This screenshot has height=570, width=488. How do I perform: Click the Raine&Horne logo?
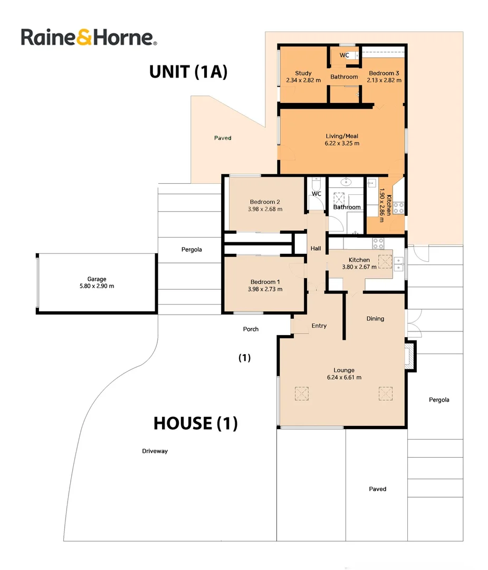coord(89,37)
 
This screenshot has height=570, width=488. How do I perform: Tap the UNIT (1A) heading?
coord(188,71)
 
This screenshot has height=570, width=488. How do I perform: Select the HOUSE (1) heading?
coord(195,423)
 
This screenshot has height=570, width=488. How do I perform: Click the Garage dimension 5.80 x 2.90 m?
coord(97,286)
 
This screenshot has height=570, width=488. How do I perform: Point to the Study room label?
coord(303,73)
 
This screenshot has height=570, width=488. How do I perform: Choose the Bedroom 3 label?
coord(384,73)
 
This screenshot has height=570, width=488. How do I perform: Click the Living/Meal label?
coord(342,136)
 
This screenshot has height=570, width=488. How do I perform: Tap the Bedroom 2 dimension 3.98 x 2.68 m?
coord(265,209)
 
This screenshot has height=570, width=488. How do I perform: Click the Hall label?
coord(315,249)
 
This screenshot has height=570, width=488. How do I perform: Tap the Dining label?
coord(375,319)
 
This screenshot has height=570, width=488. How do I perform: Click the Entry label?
coord(319,326)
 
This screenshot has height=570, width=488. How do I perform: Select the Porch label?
coord(251,329)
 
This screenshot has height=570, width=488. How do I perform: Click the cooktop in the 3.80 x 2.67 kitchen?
coord(378,243)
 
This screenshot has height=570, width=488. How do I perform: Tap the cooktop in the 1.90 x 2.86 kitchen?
coord(399,208)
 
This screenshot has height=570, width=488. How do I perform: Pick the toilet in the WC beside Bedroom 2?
coord(315,185)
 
